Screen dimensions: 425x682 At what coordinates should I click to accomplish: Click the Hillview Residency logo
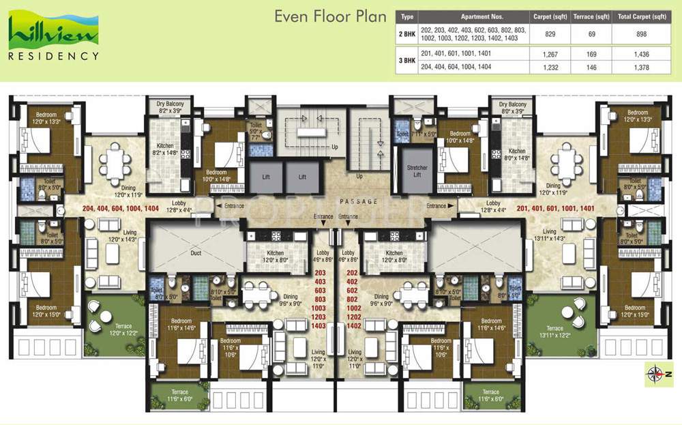click(53, 38)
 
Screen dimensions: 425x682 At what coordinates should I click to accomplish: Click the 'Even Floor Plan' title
click(330, 17)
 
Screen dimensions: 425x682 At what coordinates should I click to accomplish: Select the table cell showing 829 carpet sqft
click(546, 32)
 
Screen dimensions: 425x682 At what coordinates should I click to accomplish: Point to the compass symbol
click(655, 372)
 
